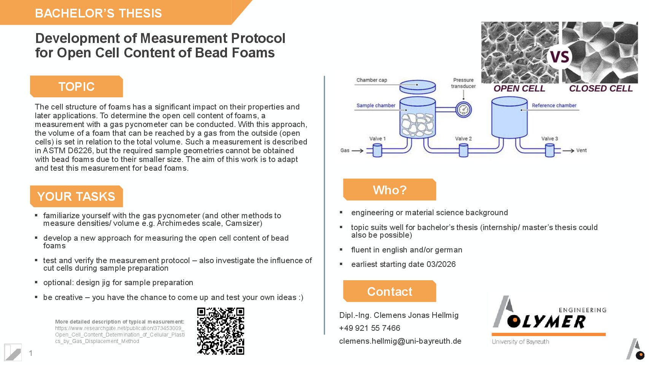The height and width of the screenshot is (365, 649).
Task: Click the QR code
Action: (221, 331)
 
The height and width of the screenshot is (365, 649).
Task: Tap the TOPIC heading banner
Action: (76, 86)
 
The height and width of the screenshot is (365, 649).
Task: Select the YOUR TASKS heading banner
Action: (76, 196)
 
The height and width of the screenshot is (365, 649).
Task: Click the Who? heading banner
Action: (390, 190)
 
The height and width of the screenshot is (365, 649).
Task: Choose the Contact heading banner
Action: (390, 291)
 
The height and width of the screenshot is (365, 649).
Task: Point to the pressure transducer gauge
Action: (463, 110)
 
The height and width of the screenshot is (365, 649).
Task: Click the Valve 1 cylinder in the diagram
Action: (377, 151)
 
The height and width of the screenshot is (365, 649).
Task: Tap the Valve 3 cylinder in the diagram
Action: (550, 151)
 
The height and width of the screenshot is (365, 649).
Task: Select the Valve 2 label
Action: (463, 138)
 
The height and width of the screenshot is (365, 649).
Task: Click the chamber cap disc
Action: (417, 87)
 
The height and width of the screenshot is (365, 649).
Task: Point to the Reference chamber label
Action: (554, 105)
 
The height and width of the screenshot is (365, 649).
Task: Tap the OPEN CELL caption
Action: (519, 88)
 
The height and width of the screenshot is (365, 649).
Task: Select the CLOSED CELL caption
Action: (601, 88)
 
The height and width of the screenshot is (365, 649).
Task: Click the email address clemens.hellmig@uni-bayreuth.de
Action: (400, 341)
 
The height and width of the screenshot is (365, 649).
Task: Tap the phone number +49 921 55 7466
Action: (370, 328)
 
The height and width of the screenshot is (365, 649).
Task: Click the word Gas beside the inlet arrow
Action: (345, 150)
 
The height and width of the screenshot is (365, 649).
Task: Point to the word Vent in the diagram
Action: (581, 150)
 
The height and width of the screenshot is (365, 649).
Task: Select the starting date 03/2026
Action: (441, 264)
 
